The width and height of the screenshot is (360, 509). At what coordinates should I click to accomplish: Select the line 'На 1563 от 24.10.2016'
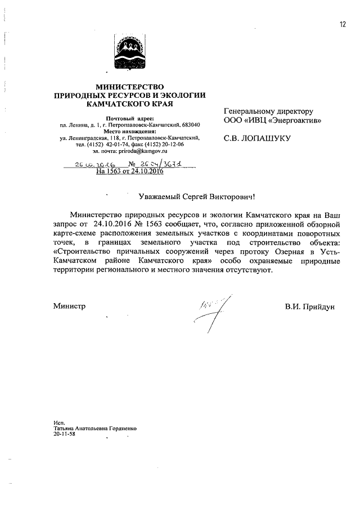tap(129, 172)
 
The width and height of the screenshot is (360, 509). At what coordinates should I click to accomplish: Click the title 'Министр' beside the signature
tap(69, 307)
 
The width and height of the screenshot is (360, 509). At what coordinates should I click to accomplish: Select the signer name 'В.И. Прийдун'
tap(309, 307)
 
